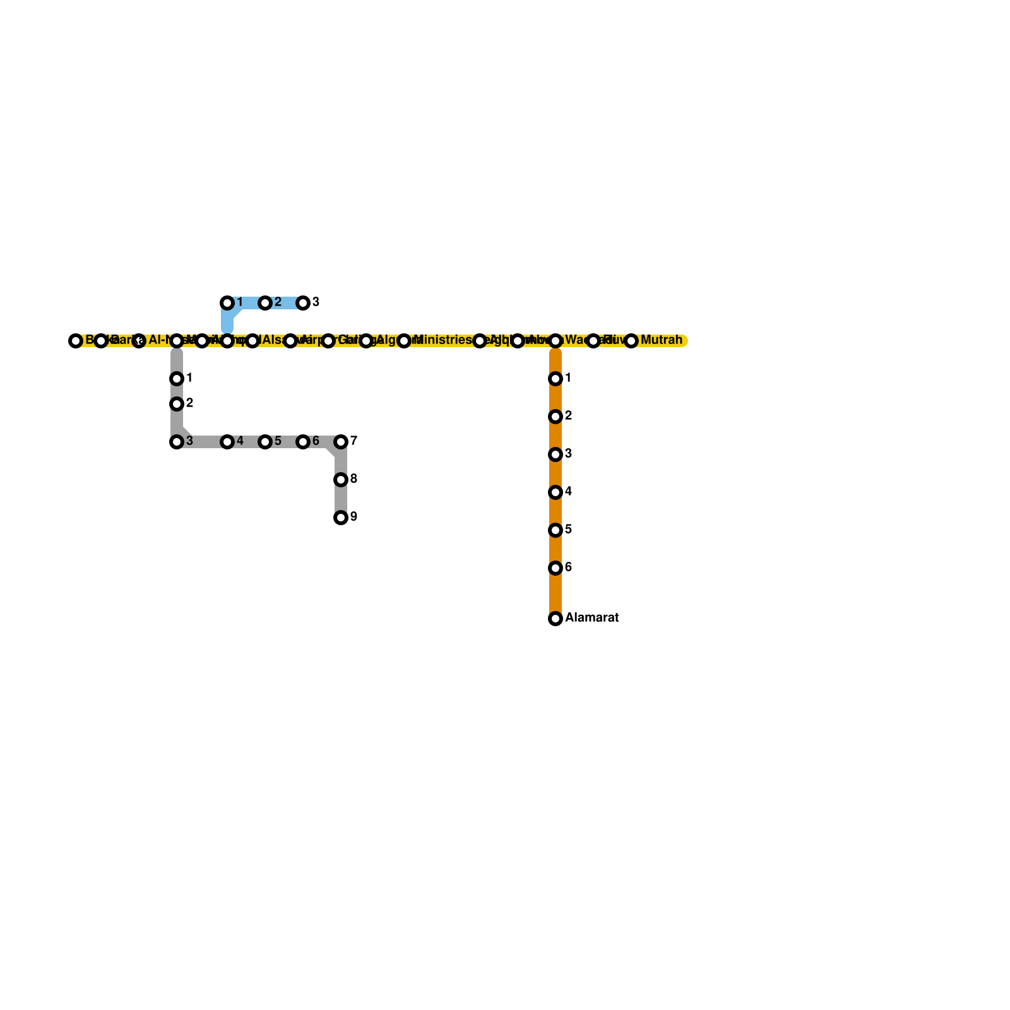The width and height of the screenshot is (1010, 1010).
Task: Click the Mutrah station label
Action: tap(661, 340)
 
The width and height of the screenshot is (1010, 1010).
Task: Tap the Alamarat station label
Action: tap(591, 618)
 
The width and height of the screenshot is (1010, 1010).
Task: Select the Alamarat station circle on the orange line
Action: tap(555, 619)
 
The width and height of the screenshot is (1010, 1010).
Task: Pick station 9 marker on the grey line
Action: tap(341, 518)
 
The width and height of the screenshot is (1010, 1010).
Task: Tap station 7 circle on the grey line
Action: tap(341, 442)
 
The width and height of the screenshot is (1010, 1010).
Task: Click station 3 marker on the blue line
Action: tap(303, 303)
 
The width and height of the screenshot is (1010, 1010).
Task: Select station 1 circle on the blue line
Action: tap(227, 303)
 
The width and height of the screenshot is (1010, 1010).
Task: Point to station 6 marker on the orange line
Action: tap(555, 568)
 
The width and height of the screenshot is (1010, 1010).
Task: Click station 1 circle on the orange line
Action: tap(555, 379)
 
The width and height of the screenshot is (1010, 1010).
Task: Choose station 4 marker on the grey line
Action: tap(227, 442)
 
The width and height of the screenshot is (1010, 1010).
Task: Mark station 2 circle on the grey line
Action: tap(177, 404)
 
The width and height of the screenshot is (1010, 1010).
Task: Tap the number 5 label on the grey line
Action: tap(278, 441)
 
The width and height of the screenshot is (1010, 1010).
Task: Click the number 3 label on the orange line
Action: tap(568, 454)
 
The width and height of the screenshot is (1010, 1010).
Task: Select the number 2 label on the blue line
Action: tap(278, 302)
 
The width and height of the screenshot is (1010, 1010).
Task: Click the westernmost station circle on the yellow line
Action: tap(76, 341)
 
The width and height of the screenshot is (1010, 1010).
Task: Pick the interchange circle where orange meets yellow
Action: tap(555, 341)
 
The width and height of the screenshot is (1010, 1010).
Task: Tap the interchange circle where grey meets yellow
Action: tap(177, 341)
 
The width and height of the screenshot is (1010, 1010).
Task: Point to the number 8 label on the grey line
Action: tap(353, 479)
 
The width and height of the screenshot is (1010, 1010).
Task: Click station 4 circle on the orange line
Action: tap(555, 492)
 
